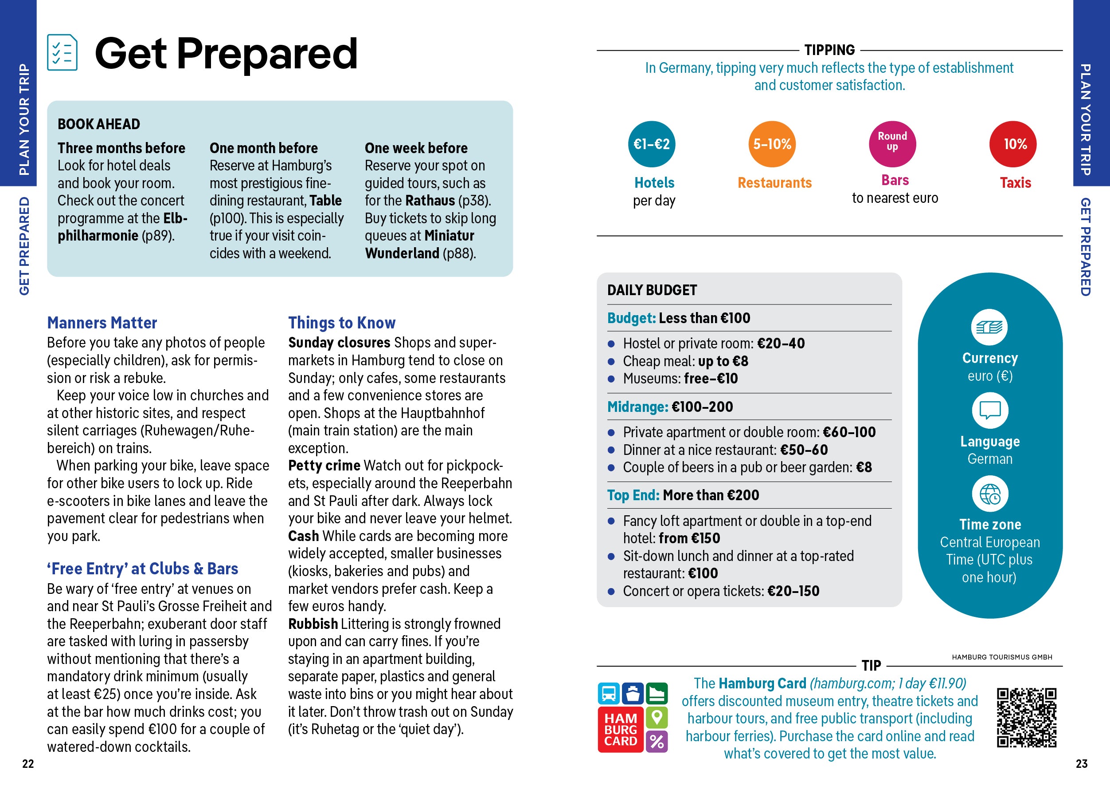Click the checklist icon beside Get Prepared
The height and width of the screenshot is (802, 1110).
point(62,52)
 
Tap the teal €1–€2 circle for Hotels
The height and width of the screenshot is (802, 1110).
point(651,144)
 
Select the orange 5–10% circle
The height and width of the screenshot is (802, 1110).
point(772,144)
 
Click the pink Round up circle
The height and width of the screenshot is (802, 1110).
point(892,144)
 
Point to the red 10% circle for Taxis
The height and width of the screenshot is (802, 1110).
point(1012,144)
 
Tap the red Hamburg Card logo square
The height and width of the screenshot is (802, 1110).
point(620,730)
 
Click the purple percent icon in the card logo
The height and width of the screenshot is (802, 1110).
point(657,741)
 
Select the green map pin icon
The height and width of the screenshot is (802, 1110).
point(657,717)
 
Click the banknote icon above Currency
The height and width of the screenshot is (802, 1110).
point(989,327)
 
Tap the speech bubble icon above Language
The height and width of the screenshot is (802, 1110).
point(989,410)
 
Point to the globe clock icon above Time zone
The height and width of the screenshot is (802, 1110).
point(989,494)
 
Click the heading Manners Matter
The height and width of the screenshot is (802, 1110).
point(102,323)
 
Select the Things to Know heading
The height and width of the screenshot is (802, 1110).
point(342,323)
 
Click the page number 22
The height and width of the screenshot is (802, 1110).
point(28,763)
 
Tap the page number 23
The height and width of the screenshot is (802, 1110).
point(1082,763)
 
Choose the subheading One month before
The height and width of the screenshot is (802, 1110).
point(263,148)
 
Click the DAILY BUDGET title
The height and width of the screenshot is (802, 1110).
point(652,290)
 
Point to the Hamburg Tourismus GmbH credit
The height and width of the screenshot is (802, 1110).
point(1002,657)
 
